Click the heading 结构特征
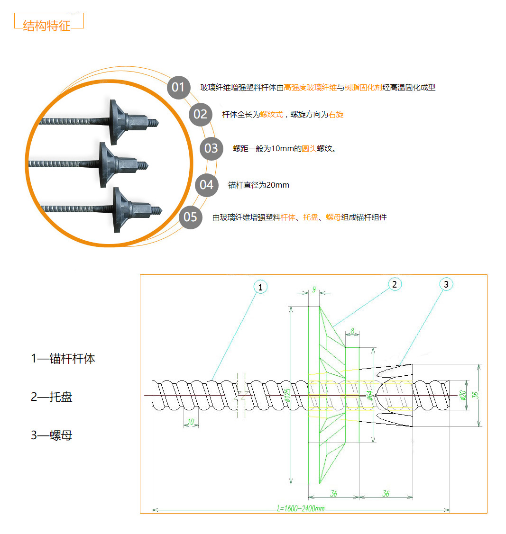46,26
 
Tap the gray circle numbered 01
178,87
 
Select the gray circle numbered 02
200,114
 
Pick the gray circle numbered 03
211,148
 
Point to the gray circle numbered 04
206,184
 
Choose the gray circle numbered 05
190,217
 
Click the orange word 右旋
336,114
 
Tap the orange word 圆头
309,149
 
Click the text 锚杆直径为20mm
258,185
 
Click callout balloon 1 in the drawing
260,287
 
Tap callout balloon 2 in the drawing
395,284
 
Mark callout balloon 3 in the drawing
446,284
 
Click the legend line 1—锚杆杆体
63,359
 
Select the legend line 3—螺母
52,435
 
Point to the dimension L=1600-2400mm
301,508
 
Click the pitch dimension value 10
191,422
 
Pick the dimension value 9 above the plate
313,290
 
